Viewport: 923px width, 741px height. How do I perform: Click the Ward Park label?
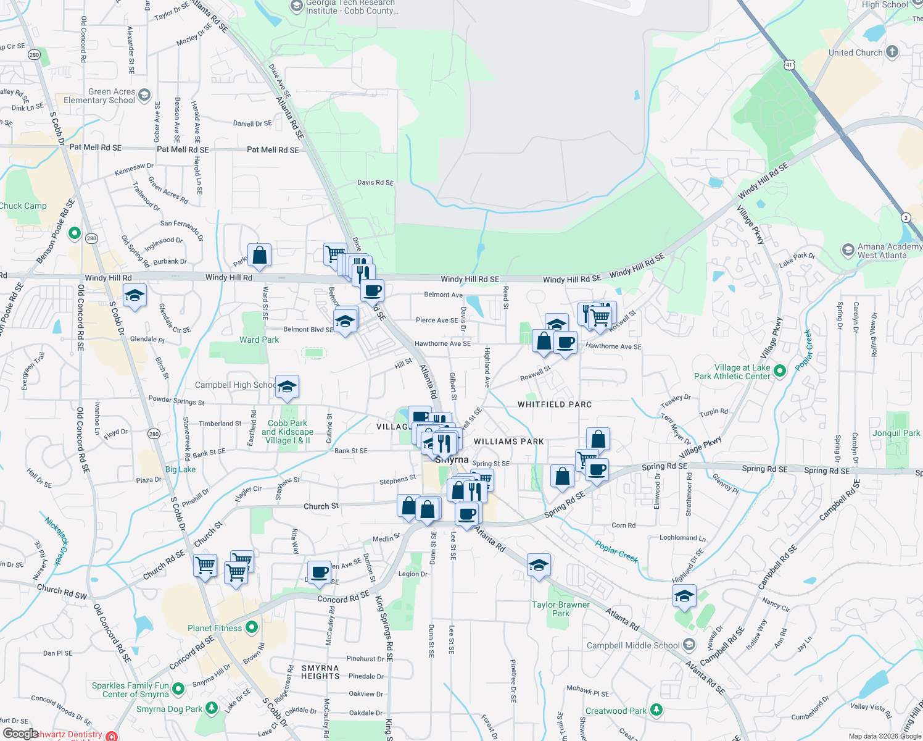pyautogui.click(x=259, y=340)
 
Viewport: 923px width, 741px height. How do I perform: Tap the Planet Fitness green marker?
pyautogui.click(x=251, y=628)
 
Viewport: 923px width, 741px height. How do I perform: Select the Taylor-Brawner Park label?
pyautogui.click(x=560, y=609)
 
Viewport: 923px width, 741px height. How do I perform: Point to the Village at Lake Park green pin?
pyautogui.click(x=780, y=371)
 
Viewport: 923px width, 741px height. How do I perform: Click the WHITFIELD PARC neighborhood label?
pyautogui.click(x=555, y=404)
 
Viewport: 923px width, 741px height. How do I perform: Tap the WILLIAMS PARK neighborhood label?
pyautogui.click(x=509, y=442)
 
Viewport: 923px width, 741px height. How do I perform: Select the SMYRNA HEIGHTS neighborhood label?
pyautogui.click(x=320, y=672)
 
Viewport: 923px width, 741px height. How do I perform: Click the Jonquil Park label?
pyautogui.click(x=896, y=433)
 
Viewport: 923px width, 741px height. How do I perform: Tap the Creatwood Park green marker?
pyautogui.click(x=656, y=710)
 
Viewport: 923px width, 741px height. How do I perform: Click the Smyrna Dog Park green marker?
pyautogui.click(x=212, y=708)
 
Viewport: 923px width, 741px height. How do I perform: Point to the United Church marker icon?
pyautogui.click(x=892, y=52)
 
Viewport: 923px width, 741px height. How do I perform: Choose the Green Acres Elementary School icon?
pyautogui.click(x=144, y=95)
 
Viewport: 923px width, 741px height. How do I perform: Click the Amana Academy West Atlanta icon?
pyautogui.click(x=848, y=251)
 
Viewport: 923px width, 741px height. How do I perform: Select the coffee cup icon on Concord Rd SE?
pyautogui.click(x=319, y=572)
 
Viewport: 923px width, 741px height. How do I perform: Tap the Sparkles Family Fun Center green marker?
pyautogui.click(x=178, y=689)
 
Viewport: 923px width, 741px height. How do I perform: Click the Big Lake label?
pyautogui.click(x=180, y=469)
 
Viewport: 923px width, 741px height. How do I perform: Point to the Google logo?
pyautogui.click(x=20, y=734)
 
